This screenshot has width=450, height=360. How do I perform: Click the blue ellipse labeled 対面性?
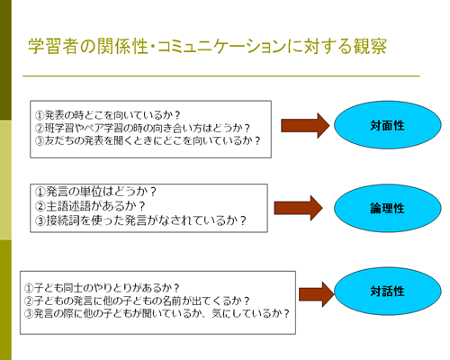tap(388, 125)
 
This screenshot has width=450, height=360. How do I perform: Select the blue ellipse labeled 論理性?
tap(388, 208)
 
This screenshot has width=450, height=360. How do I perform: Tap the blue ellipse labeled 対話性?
tap(388, 291)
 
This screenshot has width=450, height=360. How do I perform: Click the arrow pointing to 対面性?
tap(305, 126)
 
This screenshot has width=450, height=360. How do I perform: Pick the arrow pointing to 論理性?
tap(299, 208)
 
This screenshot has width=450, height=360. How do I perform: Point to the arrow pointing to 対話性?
tap(317, 294)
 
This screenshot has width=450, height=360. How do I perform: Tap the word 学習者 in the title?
tap(53, 47)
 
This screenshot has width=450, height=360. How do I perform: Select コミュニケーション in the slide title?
tap(221, 47)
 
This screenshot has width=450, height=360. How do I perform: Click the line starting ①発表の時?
tap(108, 115)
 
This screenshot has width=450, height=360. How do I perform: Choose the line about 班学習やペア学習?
tap(142, 128)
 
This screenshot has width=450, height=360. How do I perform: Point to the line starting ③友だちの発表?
tap(148, 140)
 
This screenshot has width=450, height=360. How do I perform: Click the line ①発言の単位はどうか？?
tap(96, 192)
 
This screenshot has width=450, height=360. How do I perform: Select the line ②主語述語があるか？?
tap(90, 206)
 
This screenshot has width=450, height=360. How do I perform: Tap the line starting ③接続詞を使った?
tap(140, 220)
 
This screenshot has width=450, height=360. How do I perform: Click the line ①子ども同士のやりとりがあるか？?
tap(102, 288)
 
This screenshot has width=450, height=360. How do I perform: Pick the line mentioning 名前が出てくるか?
tap(137, 301)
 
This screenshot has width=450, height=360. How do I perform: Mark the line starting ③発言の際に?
tap(157, 313)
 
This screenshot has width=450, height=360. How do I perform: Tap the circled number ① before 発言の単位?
tap(40, 192)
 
